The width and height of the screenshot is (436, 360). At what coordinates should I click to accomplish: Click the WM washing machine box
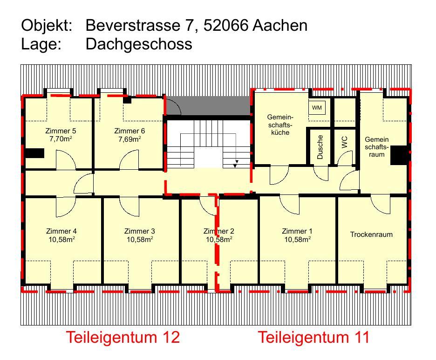317,108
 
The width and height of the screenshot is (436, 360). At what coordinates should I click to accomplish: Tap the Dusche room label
320,147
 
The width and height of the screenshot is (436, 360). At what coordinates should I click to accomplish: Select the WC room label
345,142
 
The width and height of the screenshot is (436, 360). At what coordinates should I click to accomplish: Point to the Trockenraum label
371,235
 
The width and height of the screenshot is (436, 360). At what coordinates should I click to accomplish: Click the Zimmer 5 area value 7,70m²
61,138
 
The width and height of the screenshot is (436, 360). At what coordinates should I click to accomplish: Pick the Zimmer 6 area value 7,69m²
129,138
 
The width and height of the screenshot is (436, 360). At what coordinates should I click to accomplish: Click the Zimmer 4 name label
61,231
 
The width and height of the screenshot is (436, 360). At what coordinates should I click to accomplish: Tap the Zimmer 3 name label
140,231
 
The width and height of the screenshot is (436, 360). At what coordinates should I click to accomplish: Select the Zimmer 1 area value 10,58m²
297,239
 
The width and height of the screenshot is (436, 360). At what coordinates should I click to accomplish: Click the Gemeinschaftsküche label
280,125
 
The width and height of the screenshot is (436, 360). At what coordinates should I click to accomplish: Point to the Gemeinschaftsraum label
377,147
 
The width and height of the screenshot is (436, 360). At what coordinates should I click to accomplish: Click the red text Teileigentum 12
123,337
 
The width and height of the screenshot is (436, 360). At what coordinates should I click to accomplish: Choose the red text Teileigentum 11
313,337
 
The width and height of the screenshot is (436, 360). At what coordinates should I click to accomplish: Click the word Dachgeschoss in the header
139,44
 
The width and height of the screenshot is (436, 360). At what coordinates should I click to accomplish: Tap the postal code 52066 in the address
226,25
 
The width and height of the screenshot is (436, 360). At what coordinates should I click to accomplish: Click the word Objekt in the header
47,26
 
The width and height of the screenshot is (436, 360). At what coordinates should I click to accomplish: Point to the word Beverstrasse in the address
133,25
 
